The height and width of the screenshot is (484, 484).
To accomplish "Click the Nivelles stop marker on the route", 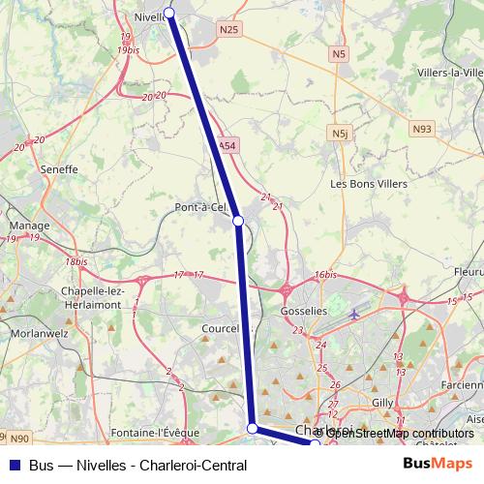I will (169, 13).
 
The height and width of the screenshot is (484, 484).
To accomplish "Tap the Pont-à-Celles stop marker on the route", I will (238, 221).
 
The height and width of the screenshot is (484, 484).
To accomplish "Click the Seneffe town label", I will (59, 168).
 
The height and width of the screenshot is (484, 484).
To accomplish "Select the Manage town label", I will (29, 226).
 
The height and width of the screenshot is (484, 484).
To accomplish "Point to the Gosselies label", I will (304, 311).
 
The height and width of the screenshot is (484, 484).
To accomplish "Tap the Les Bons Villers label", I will (369, 183).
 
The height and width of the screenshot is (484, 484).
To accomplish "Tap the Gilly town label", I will (383, 401).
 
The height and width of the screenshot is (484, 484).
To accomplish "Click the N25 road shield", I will (228, 30).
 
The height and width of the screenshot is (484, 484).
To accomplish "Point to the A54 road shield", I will (226, 146).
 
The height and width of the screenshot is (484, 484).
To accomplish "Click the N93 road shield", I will (421, 128).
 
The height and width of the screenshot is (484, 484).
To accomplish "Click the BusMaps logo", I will (438, 465).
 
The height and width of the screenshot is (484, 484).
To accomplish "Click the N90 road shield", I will (21, 439).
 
